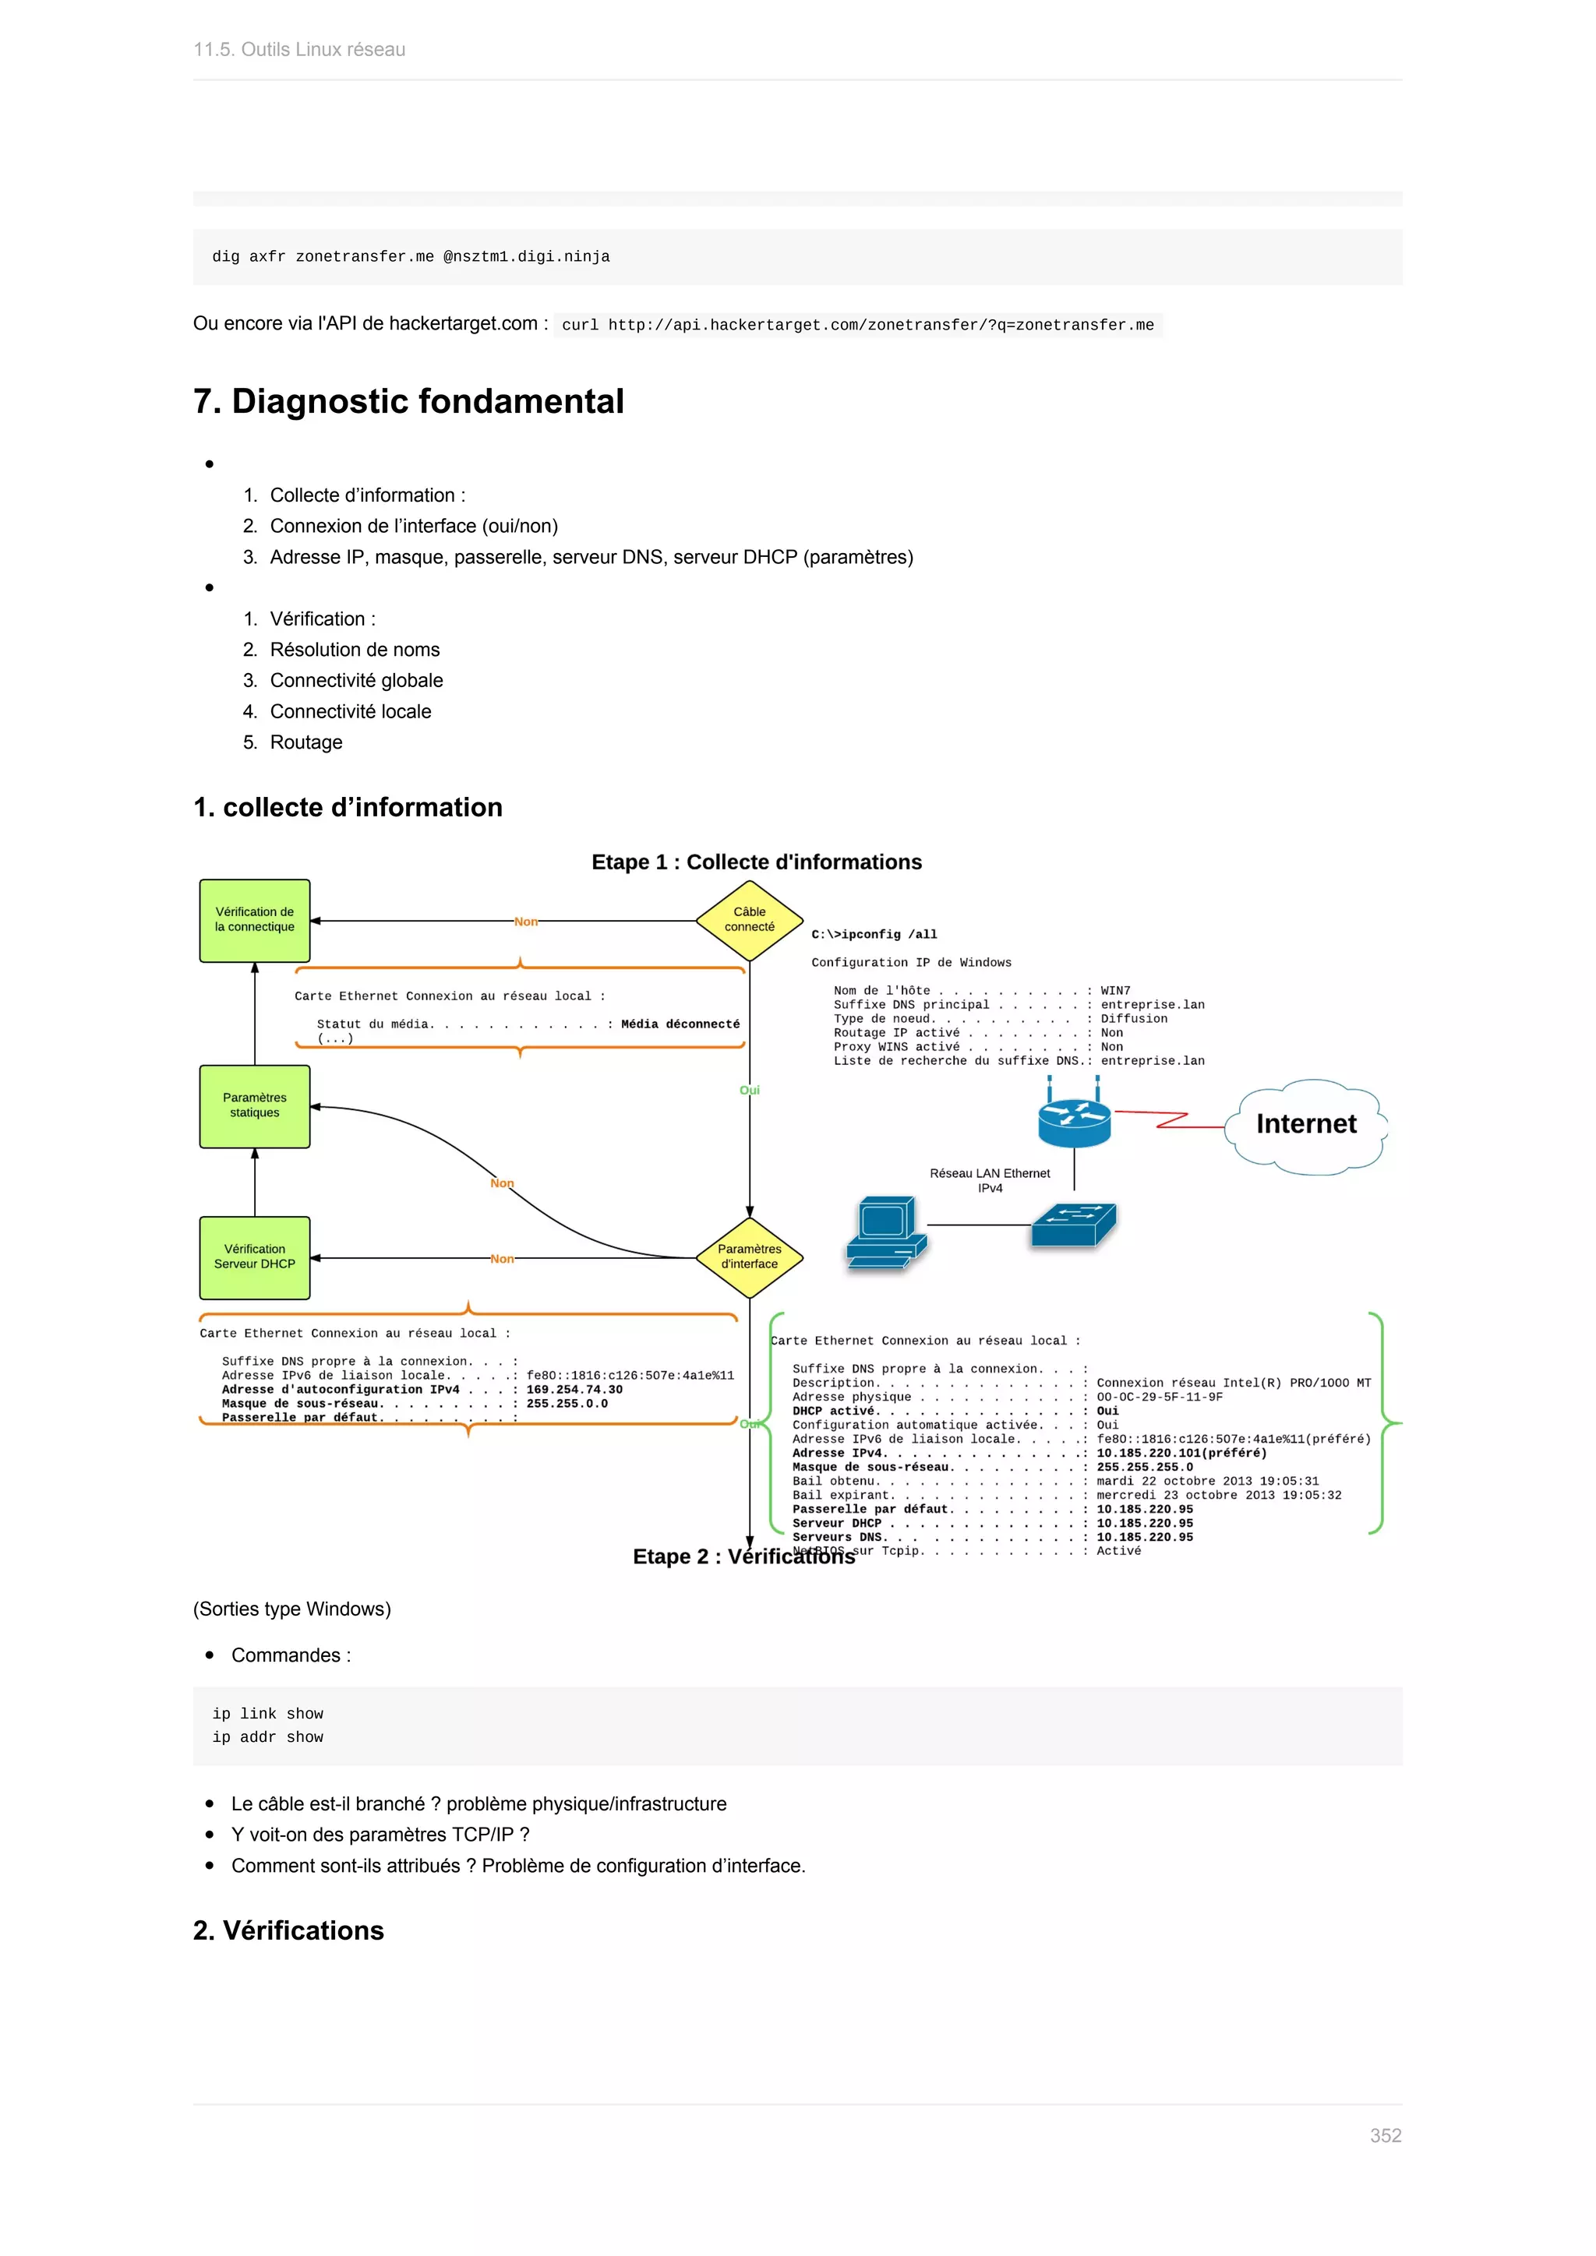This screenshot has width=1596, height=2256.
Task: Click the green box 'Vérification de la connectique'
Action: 255,920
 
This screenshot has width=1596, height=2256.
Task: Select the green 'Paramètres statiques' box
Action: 255,1105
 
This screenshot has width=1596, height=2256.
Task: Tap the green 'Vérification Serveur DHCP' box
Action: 255,1257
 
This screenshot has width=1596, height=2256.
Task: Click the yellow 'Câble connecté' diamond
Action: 749,920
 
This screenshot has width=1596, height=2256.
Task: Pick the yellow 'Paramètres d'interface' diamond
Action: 749,1257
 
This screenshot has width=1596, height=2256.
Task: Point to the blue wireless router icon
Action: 1073,1119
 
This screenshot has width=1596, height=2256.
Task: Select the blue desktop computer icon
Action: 885,1232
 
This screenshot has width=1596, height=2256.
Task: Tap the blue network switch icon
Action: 1073,1225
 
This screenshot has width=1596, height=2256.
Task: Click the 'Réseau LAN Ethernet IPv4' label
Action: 990,1180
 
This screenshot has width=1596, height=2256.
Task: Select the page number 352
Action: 1385,2135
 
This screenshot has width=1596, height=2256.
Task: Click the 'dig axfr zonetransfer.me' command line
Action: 411,256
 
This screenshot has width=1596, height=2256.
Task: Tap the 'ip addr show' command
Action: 267,1737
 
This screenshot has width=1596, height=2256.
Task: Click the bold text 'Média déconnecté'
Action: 680,1024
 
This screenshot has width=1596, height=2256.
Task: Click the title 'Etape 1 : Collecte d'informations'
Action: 756,862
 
